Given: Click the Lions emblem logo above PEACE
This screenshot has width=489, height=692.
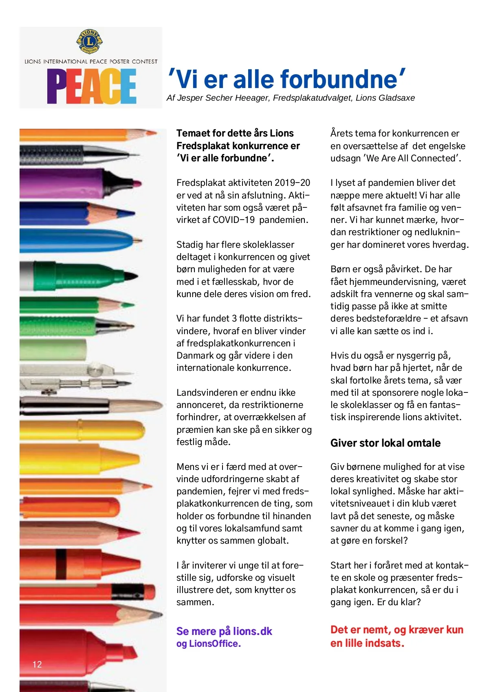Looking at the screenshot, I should [90, 41].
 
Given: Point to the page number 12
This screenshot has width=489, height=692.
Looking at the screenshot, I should [37, 664].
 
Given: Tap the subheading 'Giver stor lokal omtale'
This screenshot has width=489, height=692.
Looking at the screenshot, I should [385, 443].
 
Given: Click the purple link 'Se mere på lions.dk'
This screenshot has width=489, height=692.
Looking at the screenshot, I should [224, 631].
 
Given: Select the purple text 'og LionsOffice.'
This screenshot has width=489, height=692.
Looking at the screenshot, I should [208, 644].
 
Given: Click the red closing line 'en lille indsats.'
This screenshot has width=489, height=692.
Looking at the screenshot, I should [367, 643].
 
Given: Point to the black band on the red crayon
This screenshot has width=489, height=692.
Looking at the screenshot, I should [61, 564].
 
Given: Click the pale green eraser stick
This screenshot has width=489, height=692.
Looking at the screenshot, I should [53, 349].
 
